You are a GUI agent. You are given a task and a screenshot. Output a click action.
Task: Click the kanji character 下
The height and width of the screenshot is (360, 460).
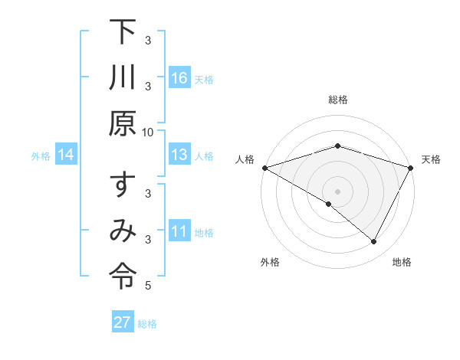(x=122, y=34)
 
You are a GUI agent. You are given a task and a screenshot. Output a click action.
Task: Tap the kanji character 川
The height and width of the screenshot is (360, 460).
(x=122, y=79)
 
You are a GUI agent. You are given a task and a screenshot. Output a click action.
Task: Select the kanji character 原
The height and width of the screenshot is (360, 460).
(x=122, y=124)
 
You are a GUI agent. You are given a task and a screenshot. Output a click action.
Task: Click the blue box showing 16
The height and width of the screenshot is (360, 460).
(x=179, y=78)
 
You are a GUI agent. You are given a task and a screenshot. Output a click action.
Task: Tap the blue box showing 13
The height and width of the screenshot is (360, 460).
(x=179, y=155)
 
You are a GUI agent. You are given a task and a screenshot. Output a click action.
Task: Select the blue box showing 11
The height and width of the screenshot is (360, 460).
(x=179, y=232)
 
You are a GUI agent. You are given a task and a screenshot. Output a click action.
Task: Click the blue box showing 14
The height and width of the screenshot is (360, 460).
(x=66, y=155)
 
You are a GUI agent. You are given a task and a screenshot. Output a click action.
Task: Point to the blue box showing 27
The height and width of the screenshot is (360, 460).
(x=123, y=322)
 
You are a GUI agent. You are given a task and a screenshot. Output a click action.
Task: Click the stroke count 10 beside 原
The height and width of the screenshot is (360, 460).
(x=148, y=131)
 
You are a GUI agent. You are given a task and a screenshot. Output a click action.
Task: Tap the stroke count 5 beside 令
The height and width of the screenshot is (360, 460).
(x=148, y=286)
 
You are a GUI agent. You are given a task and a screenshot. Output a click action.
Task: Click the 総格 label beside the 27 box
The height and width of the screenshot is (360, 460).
(x=147, y=323)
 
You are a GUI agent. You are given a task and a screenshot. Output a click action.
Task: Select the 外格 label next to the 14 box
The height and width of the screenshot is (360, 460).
(x=41, y=156)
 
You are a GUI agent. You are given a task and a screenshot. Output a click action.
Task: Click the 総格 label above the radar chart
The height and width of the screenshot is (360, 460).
(x=338, y=100)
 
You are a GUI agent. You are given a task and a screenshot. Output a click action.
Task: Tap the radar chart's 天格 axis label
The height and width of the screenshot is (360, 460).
(x=431, y=159)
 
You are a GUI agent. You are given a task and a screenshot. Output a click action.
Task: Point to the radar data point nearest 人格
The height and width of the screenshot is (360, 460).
(x=264, y=168)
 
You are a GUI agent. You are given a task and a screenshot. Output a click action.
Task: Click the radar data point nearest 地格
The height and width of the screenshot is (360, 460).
(x=374, y=242)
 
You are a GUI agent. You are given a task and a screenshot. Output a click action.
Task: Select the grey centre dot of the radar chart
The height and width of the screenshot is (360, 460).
(x=338, y=191)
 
